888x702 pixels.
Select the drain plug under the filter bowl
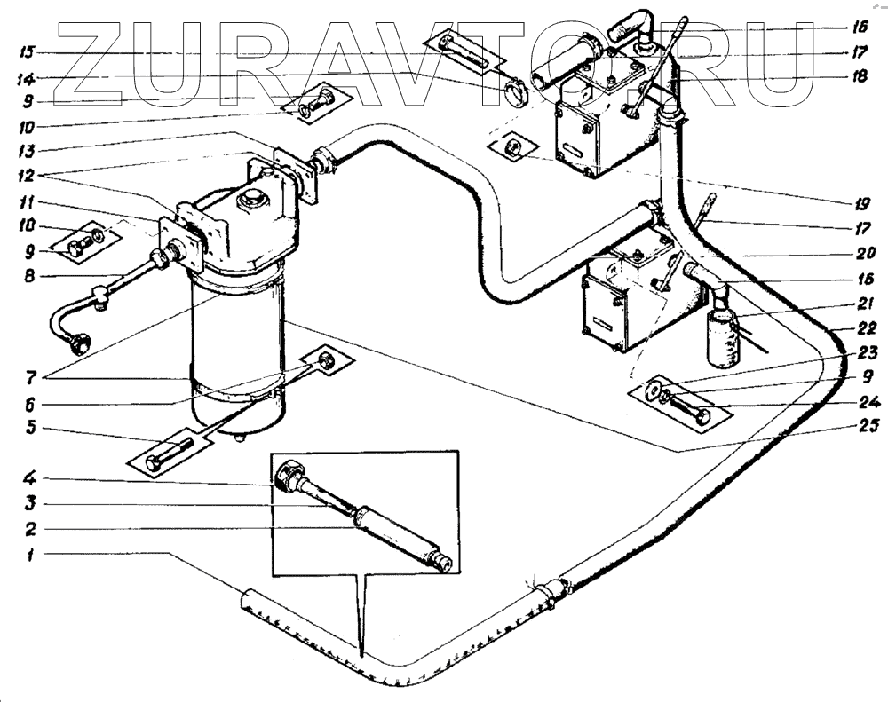pos(239,436)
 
